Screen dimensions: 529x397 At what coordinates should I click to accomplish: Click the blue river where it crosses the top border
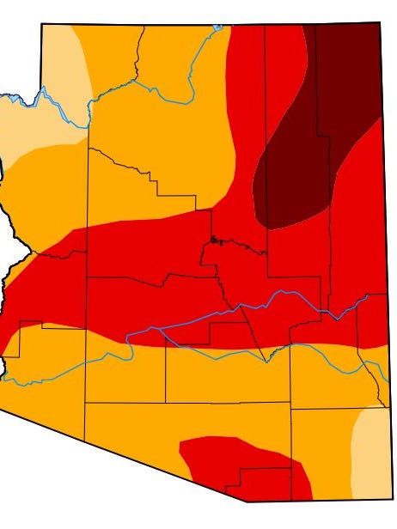coord(220,27)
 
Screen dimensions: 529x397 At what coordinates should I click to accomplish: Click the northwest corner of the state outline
coord(41,24)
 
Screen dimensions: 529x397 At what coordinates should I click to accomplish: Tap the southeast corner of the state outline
coord(388,502)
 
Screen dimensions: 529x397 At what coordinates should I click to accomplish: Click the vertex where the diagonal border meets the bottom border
coord(247,501)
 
